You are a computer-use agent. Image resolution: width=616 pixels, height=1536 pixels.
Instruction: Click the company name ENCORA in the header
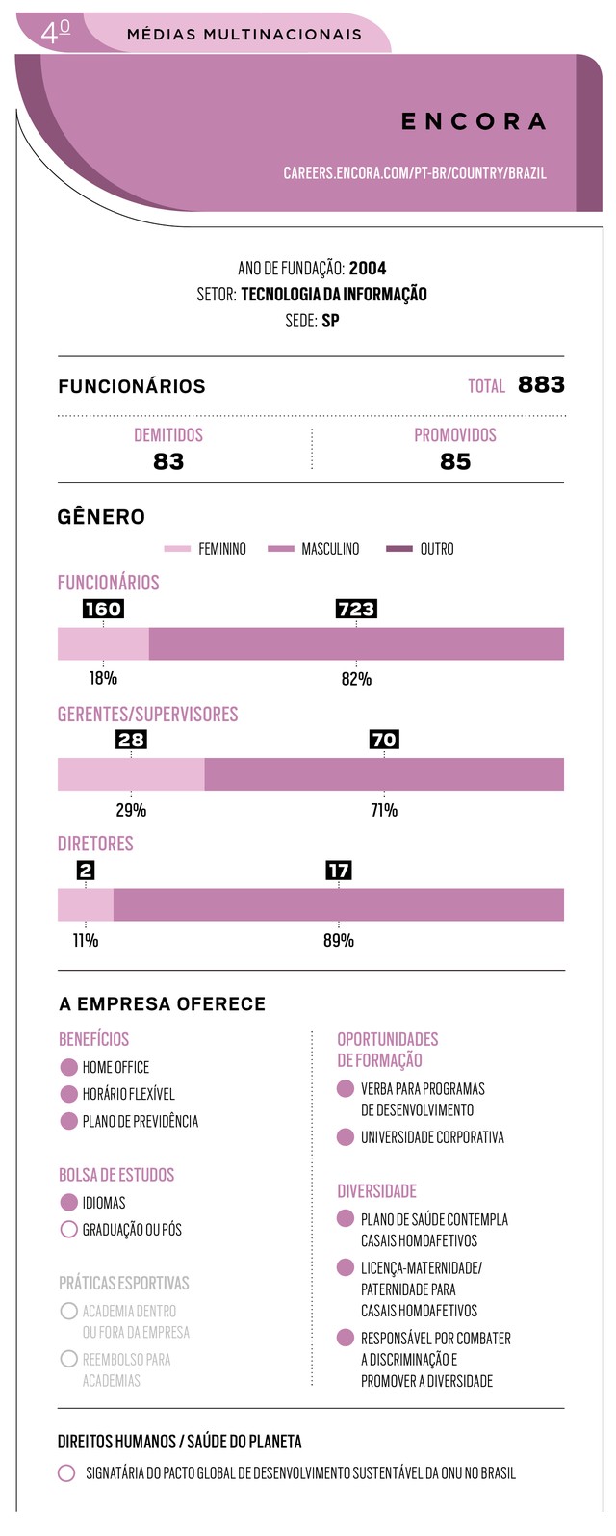(x=474, y=121)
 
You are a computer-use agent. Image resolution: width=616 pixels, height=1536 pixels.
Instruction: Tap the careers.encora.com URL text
(x=414, y=173)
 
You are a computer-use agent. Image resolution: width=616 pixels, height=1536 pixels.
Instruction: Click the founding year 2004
(x=368, y=268)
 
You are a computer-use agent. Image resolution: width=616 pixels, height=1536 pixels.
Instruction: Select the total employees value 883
(x=541, y=385)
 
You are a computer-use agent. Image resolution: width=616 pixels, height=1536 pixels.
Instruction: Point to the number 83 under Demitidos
(x=168, y=461)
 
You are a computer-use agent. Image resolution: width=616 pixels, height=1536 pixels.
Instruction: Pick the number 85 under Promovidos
(x=455, y=461)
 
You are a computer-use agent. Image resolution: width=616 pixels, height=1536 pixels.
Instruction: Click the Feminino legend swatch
(x=178, y=549)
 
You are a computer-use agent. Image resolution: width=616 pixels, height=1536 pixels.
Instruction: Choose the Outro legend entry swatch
(x=398, y=549)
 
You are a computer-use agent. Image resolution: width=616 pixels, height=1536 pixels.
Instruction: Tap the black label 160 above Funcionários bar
(x=103, y=609)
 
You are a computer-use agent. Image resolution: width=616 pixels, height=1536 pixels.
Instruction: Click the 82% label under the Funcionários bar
(x=356, y=679)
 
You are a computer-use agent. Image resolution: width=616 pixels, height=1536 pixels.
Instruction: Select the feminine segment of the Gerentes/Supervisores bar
(x=131, y=774)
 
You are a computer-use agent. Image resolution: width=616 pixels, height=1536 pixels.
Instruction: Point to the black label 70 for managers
(x=384, y=740)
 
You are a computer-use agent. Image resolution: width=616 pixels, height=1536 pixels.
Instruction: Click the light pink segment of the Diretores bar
(x=86, y=905)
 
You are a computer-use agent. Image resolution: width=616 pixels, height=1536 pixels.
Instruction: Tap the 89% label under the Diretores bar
(x=338, y=940)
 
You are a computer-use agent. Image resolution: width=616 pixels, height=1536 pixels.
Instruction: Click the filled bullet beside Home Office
(x=68, y=1067)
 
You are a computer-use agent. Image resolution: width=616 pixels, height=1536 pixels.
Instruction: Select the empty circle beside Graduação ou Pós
(x=68, y=1230)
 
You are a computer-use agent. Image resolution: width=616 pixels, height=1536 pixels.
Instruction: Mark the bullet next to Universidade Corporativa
(x=346, y=1137)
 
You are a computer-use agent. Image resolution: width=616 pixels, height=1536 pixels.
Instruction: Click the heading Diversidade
(x=376, y=1191)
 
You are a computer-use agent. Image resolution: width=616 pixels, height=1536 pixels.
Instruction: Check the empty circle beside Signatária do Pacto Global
(x=66, y=1473)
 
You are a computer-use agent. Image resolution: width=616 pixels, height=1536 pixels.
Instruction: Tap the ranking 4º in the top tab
(x=56, y=33)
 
